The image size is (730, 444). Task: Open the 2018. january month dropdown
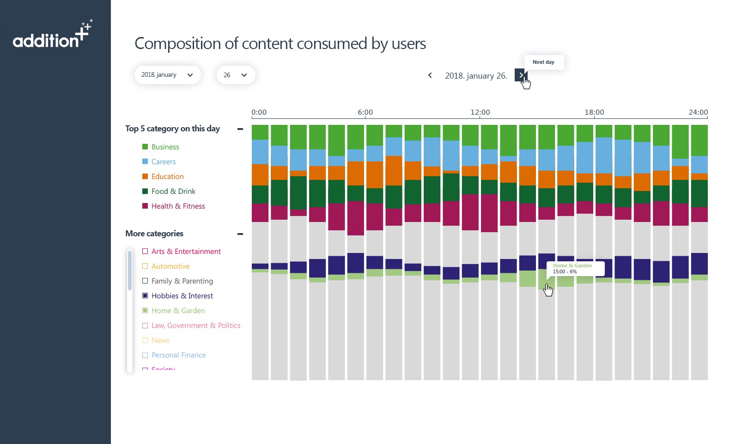[167, 75]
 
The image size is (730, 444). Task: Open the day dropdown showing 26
[236, 75]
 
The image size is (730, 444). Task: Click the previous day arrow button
[430, 75]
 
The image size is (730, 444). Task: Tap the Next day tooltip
[543, 62]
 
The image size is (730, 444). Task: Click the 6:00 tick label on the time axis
[365, 112]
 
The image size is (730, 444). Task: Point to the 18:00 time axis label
[594, 112]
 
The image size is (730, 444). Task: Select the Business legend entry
[165, 147]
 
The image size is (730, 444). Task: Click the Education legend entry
[167, 177]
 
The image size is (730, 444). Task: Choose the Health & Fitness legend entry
[178, 206]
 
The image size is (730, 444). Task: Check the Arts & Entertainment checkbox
[145, 251]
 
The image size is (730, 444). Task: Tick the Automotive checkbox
[145, 266]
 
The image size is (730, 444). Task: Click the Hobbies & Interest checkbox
[145, 296]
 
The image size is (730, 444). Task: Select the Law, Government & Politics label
[196, 326]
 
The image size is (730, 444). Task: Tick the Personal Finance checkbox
[145, 355]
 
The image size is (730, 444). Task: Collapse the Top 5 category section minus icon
[240, 129]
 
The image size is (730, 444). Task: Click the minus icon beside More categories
[240, 234]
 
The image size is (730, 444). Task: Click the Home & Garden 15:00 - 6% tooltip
[575, 269]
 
